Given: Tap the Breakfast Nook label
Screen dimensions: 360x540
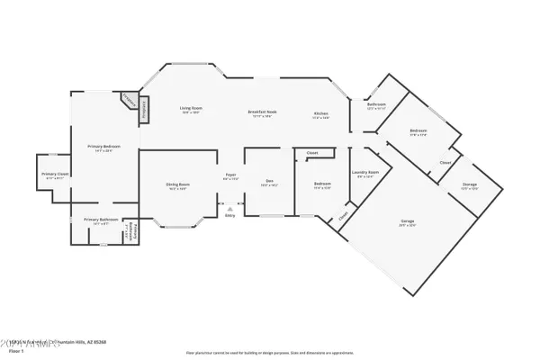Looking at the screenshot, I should pyautogui.click(x=262, y=112).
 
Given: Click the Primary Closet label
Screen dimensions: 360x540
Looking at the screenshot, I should pyautogui.click(x=54, y=174).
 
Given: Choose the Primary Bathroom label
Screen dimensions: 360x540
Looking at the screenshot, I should pyautogui.click(x=102, y=219).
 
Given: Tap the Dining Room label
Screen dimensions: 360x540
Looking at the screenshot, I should pyautogui.click(x=176, y=184).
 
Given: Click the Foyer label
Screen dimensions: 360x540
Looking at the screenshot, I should pyautogui.click(x=230, y=175).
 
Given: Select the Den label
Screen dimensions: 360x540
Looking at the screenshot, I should pyautogui.click(x=269, y=181).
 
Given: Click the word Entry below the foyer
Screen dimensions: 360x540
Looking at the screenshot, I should pyautogui.click(x=229, y=216).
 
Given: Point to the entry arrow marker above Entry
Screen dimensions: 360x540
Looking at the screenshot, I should pyautogui.click(x=229, y=207).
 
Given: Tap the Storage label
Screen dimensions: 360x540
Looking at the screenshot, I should pyautogui.click(x=469, y=184).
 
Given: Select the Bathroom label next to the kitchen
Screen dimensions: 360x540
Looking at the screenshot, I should pyautogui.click(x=376, y=105).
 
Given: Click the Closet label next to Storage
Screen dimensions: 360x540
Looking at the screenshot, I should pyautogui.click(x=445, y=163).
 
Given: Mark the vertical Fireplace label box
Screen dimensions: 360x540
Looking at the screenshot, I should pyautogui.click(x=143, y=108).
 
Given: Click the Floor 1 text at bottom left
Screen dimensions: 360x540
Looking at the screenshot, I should pyautogui.click(x=14, y=347).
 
